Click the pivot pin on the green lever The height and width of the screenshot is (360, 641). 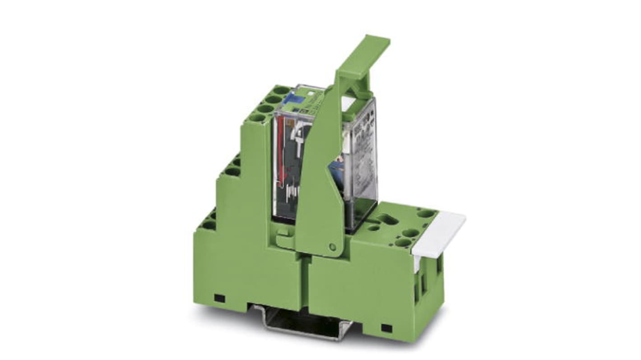(x=333, y=246)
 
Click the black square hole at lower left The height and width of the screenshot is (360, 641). (x=219, y=298)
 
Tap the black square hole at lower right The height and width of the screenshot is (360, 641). (x=386, y=328)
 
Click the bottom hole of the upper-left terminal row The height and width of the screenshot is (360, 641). (x=258, y=118)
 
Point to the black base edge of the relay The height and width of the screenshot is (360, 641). (x=361, y=217)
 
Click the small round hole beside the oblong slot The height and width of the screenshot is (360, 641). (x=373, y=228)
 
